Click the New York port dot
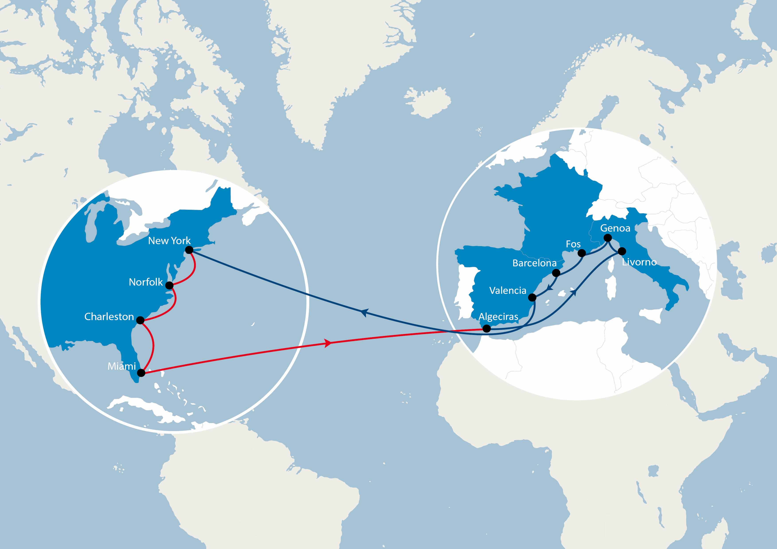coord(189,250)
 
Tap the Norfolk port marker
coord(169,286)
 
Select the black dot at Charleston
coord(140,320)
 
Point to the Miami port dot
coord(141,373)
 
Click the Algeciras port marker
coord(486,329)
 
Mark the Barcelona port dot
coord(556,273)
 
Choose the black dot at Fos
coord(582,253)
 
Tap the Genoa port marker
coord(608,238)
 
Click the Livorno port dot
coord(622,251)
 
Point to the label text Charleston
coord(109,317)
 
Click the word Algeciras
coord(498,317)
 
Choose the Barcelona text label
coord(534,263)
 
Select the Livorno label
coord(639,262)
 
